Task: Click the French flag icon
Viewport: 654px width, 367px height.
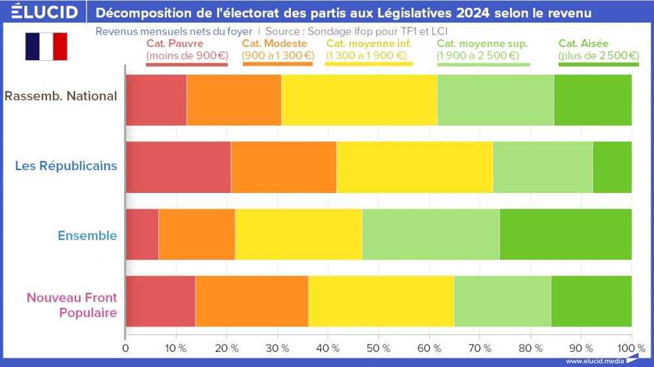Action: coord(46,46)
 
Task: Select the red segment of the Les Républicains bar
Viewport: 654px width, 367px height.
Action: coord(178,167)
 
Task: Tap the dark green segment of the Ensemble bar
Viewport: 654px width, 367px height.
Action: coord(566,234)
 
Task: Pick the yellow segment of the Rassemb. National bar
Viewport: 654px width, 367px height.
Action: coord(359,100)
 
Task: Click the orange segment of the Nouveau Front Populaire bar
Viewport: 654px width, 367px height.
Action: coord(252,301)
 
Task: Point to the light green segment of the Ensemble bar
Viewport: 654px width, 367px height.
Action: coord(430,234)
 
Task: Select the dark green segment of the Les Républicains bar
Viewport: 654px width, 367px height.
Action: coord(612,167)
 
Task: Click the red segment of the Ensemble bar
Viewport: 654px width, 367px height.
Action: coord(142,234)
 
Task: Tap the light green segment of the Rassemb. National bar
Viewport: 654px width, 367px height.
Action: coord(495,100)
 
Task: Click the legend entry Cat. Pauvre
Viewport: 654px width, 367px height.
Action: coord(186,50)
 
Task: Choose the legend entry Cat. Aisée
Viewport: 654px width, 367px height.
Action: coord(598,50)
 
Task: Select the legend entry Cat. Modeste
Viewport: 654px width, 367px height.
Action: coord(277,50)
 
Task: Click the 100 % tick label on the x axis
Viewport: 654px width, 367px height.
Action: coord(630,348)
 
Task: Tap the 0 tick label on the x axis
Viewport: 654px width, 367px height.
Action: coord(126,348)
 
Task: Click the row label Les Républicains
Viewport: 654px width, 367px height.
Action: coord(66,166)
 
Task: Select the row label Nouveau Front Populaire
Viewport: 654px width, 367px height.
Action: coord(72,305)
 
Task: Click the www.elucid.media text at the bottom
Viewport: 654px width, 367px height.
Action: coord(594,360)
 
